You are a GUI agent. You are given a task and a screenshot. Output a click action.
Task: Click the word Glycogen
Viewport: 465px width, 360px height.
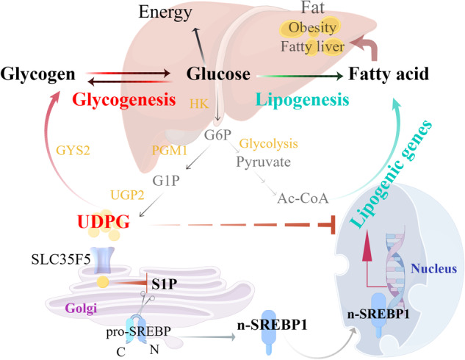click(x=37, y=73)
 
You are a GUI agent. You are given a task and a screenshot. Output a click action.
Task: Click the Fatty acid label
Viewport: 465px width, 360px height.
click(x=390, y=74)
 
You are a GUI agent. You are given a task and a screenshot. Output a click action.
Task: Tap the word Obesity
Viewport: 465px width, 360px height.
click(x=311, y=28)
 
